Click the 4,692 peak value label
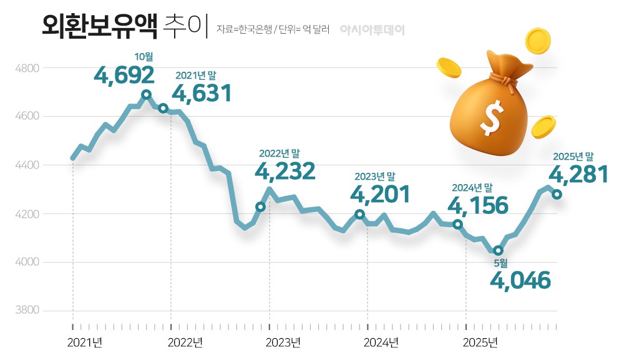click(x=124, y=75)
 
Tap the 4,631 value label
click(x=202, y=94)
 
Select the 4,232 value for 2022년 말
click(x=286, y=171)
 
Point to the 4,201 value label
click(x=380, y=194)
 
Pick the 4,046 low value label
click(x=520, y=280)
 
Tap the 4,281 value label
click(x=578, y=173)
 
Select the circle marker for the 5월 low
click(x=498, y=251)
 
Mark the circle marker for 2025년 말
click(x=557, y=195)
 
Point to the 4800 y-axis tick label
click(x=27, y=68)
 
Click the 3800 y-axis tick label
click(x=27, y=311)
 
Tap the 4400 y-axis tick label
click(x=27, y=165)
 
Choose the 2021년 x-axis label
click(x=84, y=342)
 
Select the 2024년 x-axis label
click(x=381, y=342)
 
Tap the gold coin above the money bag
click(x=538, y=40)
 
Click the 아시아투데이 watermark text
click(x=373, y=30)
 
